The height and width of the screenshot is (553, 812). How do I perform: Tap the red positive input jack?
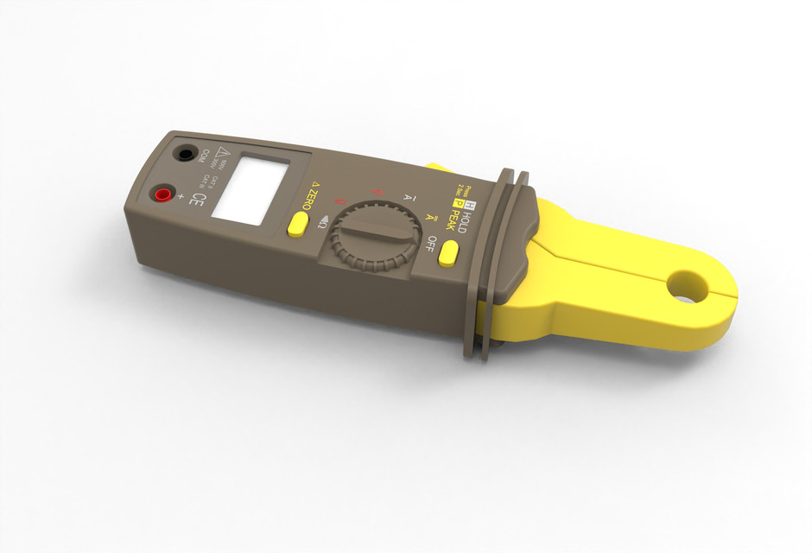point(162,194)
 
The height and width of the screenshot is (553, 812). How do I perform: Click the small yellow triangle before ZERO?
point(314,184)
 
